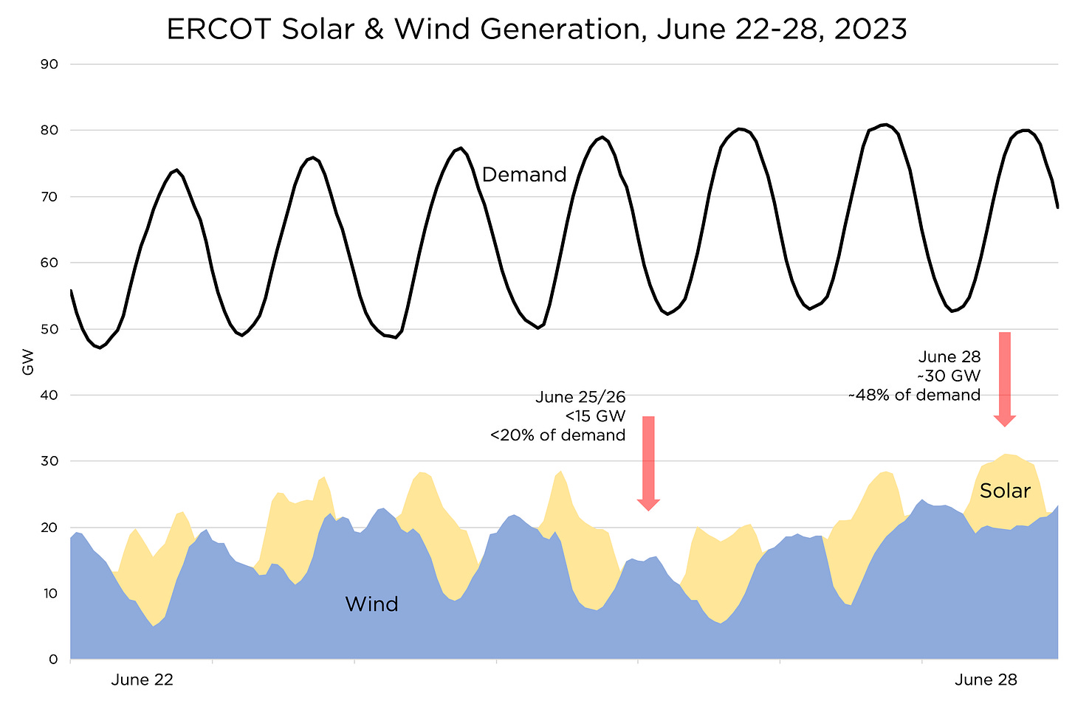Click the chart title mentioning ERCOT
pyautogui.click(x=537, y=30)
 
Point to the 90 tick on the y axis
pyautogui.click(x=49, y=64)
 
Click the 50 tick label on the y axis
pyautogui.click(x=49, y=329)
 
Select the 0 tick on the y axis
pyautogui.click(x=52, y=660)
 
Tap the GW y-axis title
pyautogui.click(x=29, y=362)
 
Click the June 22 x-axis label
pyautogui.click(x=142, y=680)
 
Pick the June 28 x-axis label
pyautogui.click(x=986, y=680)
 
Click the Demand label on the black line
pyautogui.click(x=524, y=175)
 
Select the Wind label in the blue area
pyautogui.click(x=371, y=604)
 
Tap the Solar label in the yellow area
pyautogui.click(x=1005, y=491)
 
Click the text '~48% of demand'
pyautogui.click(x=914, y=396)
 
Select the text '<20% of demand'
pyautogui.click(x=557, y=435)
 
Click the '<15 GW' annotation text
pyautogui.click(x=595, y=416)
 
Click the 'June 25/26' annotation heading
pyautogui.click(x=580, y=397)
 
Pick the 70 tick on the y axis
pyautogui.click(x=49, y=197)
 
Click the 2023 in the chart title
pyautogui.click(x=870, y=30)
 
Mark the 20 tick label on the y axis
pyautogui.click(x=49, y=528)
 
